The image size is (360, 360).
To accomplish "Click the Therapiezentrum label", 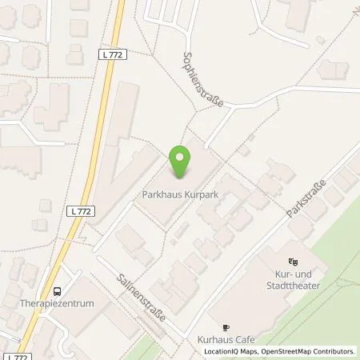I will (x=58, y=304).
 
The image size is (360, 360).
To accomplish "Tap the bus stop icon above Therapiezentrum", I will (x=58, y=292).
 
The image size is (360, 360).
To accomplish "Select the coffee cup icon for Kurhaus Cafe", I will (x=226, y=327).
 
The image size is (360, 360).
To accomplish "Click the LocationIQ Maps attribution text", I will (x=231, y=351).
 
